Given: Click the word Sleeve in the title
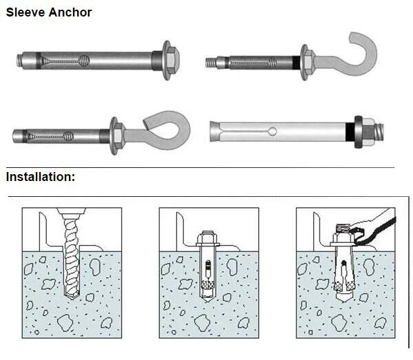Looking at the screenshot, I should coord(24,12).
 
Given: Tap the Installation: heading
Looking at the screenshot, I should coord(41,177).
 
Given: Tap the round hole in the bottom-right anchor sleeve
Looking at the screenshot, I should coord(273,131).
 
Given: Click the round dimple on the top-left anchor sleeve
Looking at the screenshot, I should coord(84,59).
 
